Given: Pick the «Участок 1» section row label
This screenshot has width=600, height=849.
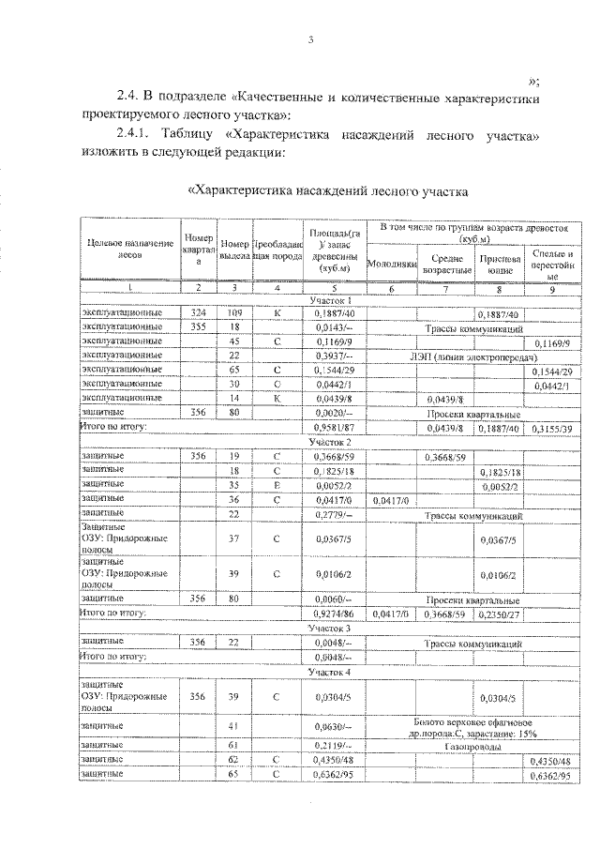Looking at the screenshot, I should point(329,298).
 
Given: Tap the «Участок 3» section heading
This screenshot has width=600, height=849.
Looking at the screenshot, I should point(329,627).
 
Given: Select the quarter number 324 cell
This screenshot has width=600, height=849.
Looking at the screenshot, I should point(198,312).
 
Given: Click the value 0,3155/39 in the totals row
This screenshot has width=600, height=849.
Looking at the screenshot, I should point(551,428).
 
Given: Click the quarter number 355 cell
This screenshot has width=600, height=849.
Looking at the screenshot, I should point(198,326).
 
